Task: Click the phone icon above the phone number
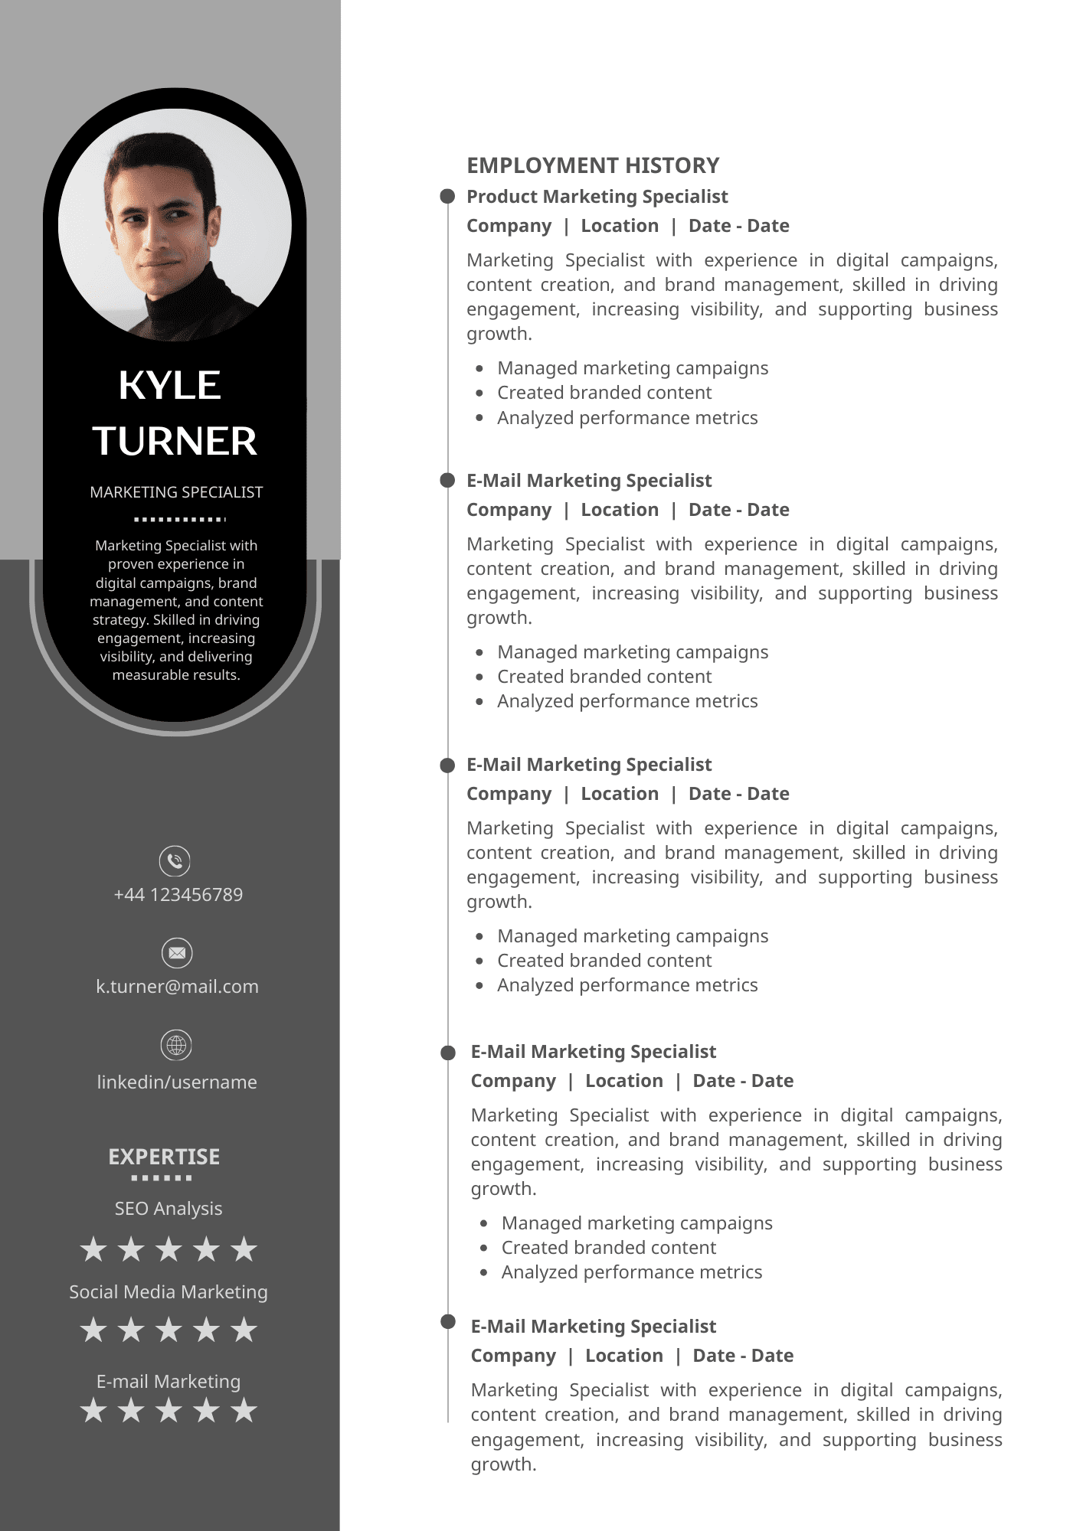175,861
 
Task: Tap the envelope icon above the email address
177,953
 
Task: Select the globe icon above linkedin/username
177,1045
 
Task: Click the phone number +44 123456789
178,895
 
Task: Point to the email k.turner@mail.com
177,987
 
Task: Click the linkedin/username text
177,1082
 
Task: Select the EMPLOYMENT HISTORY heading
593,165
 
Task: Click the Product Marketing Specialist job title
597,197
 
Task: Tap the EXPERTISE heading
164,1157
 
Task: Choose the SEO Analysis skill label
169,1209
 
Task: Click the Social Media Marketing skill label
169,1292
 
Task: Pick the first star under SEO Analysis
93,1249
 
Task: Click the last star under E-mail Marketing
244,1410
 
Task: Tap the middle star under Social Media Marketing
169,1330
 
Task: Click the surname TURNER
175,442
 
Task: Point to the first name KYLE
170,385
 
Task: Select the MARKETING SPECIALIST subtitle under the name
176,492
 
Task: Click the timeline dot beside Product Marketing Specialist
447,197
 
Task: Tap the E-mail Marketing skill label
169,1382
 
